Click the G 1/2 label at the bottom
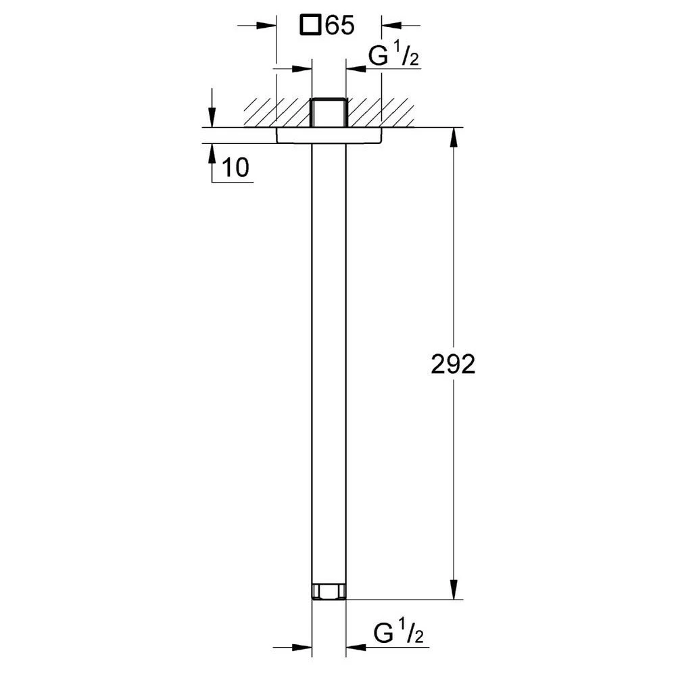point(399,633)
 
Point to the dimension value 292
point(453,364)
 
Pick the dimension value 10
point(235,168)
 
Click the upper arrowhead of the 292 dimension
point(453,137)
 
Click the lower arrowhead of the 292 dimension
point(453,589)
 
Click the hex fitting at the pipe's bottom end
point(329,592)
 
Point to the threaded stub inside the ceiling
point(329,112)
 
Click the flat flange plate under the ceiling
point(329,135)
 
